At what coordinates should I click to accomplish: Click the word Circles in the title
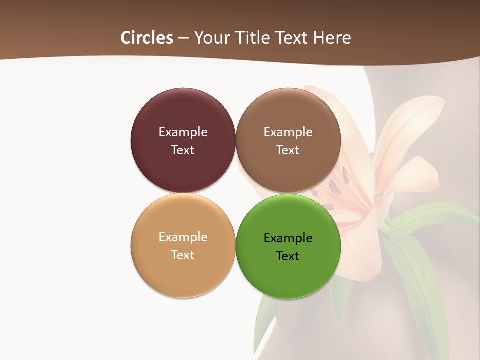pyautogui.click(x=146, y=38)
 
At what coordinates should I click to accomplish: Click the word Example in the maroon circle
pyautogui.click(x=183, y=132)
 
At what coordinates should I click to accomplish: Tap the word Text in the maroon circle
pyautogui.click(x=183, y=150)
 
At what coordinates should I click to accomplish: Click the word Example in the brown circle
pyautogui.click(x=288, y=132)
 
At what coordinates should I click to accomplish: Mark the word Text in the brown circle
pyautogui.click(x=288, y=150)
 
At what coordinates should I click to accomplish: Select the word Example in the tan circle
pyautogui.click(x=183, y=237)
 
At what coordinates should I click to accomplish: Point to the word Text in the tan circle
pyautogui.click(x=183, y=255)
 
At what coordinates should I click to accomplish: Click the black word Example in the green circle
pyautogui.click(x=288, y=238)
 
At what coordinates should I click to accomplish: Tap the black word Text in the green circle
pyautogui.click(x=288, y=256)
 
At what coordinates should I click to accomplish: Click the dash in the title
pyautogui.click(x=183, y=38)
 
